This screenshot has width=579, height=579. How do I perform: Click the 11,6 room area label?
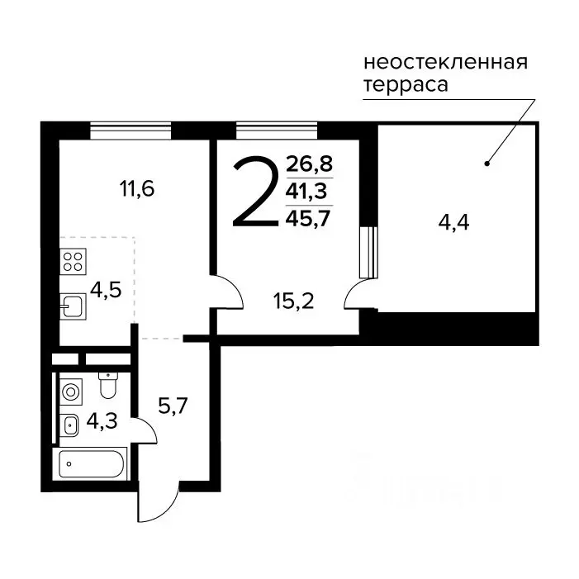[x=137, y=189]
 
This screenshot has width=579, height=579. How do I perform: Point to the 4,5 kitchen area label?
[x=105, y=291]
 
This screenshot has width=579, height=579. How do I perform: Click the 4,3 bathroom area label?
[x=101, y=421]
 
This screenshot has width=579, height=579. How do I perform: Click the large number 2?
[x=254, y=193]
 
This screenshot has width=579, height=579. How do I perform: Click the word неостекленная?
[x=445, y=62]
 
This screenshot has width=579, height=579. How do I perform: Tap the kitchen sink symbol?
[x=71, y=306]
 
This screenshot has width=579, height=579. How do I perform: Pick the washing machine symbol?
[x=71, y=391]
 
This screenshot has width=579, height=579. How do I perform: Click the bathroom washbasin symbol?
[x=70, y=425]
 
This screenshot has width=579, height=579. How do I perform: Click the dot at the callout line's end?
[x=486, y=163]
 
